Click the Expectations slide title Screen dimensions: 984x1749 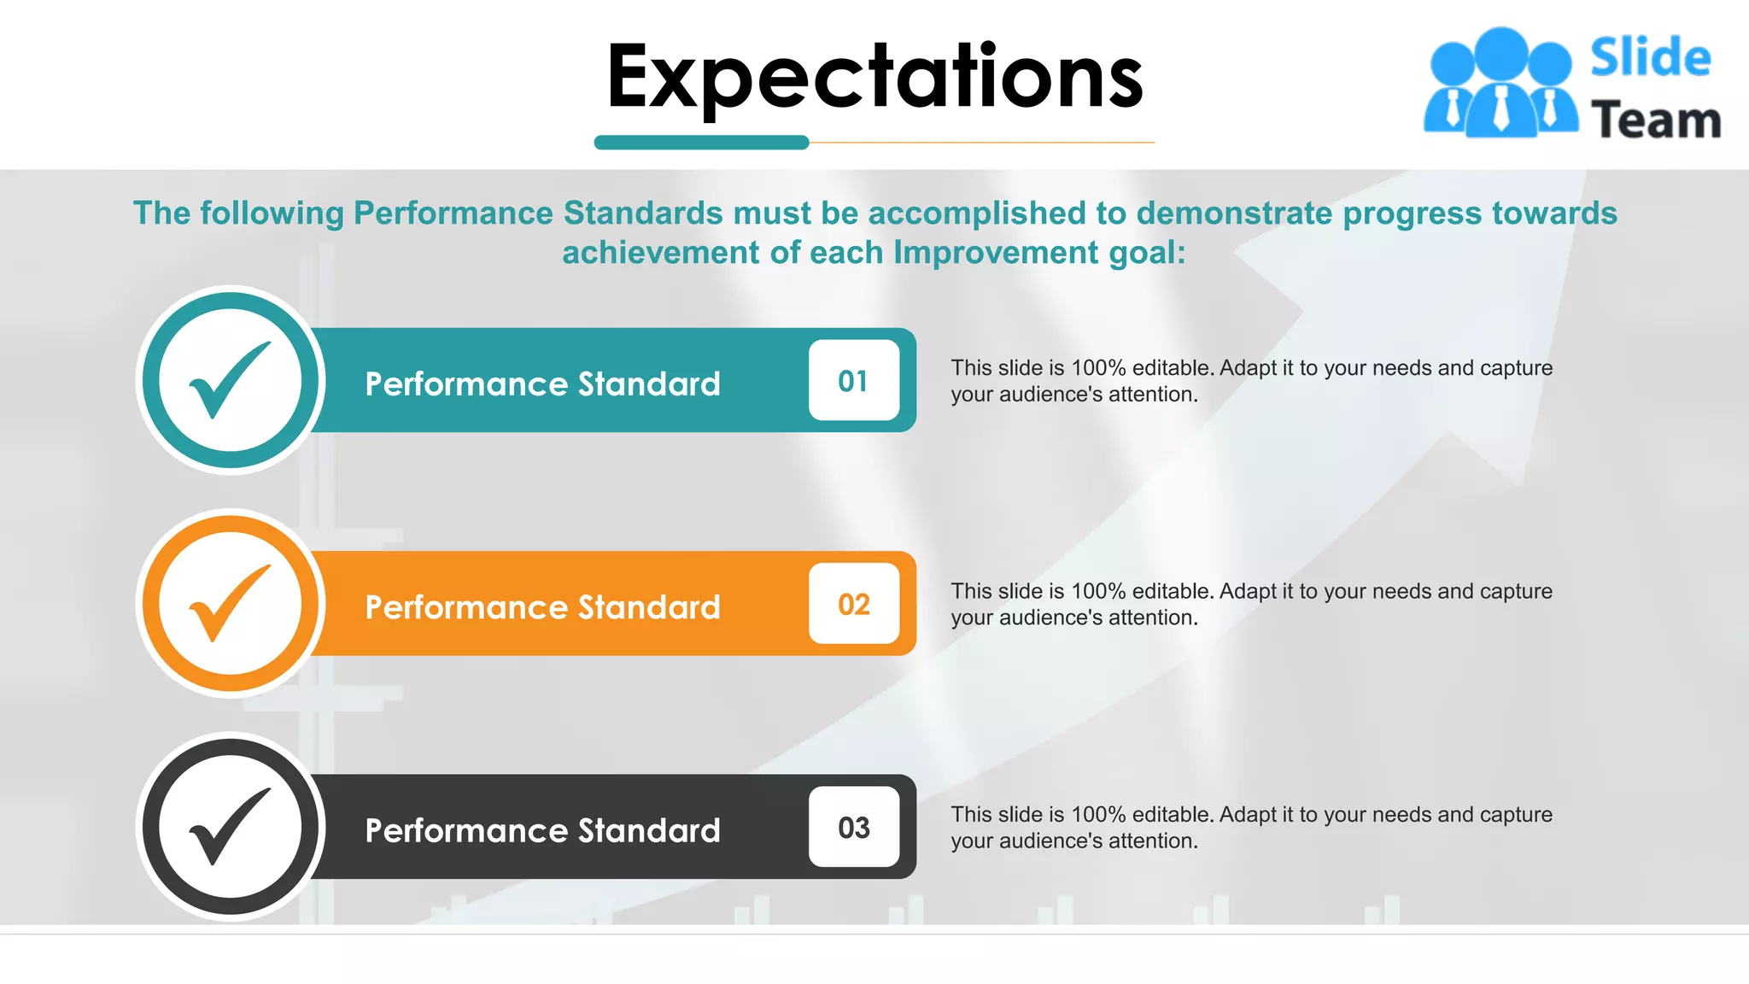[x=874, y=77]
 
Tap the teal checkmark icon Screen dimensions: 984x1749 [x=230, y=380]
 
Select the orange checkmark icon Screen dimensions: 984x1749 [x=230, y=603]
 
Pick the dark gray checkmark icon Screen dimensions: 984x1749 [x=230, y=826]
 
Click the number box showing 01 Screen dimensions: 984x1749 [x=853, y=380]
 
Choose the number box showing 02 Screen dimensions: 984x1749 [x=853, y=604]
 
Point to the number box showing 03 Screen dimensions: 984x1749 [x=853, y=827]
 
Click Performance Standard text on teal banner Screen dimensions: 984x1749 [x=542, y=384]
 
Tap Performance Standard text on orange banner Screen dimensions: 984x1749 [x=542, y=607]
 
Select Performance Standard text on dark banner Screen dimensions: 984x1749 [x=542, y=830]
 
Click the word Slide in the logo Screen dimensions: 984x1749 [x=1650, y=58]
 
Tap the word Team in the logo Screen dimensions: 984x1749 [x=1655, y=120]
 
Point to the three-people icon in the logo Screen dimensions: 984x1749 [x=1500, y=83]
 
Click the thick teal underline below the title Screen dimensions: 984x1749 [x=701, y=143]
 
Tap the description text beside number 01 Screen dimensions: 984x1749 [x=1251, y=381]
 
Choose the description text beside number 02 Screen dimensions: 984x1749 [x=1251, y=604]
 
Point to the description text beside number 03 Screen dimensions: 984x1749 [x=1251, y=827]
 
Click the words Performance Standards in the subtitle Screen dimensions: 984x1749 [x=538, y=214]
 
